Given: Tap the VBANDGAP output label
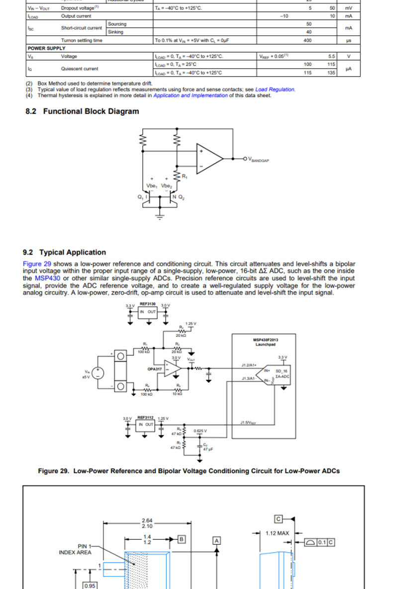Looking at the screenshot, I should coord(258,160).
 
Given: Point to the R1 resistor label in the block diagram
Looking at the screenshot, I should coord(185,176).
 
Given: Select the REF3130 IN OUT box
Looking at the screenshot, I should coord(148,311).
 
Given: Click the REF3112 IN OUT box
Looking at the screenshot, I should coord(146,424).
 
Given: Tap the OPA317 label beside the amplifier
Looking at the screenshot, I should coord(155,369).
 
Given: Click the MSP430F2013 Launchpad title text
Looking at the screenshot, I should coord(266,342).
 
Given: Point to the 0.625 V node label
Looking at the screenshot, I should coord(200,431).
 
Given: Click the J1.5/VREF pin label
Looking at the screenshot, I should coord(248,423).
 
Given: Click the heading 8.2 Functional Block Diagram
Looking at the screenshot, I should coord(82,111).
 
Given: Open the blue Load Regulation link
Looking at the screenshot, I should coord(275,89).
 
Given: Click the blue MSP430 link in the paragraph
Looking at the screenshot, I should coord(47,278).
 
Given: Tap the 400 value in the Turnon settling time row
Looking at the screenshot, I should coord(307,40).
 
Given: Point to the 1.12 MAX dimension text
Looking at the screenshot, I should coord(277,533).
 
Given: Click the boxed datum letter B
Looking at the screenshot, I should coord(182,538).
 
